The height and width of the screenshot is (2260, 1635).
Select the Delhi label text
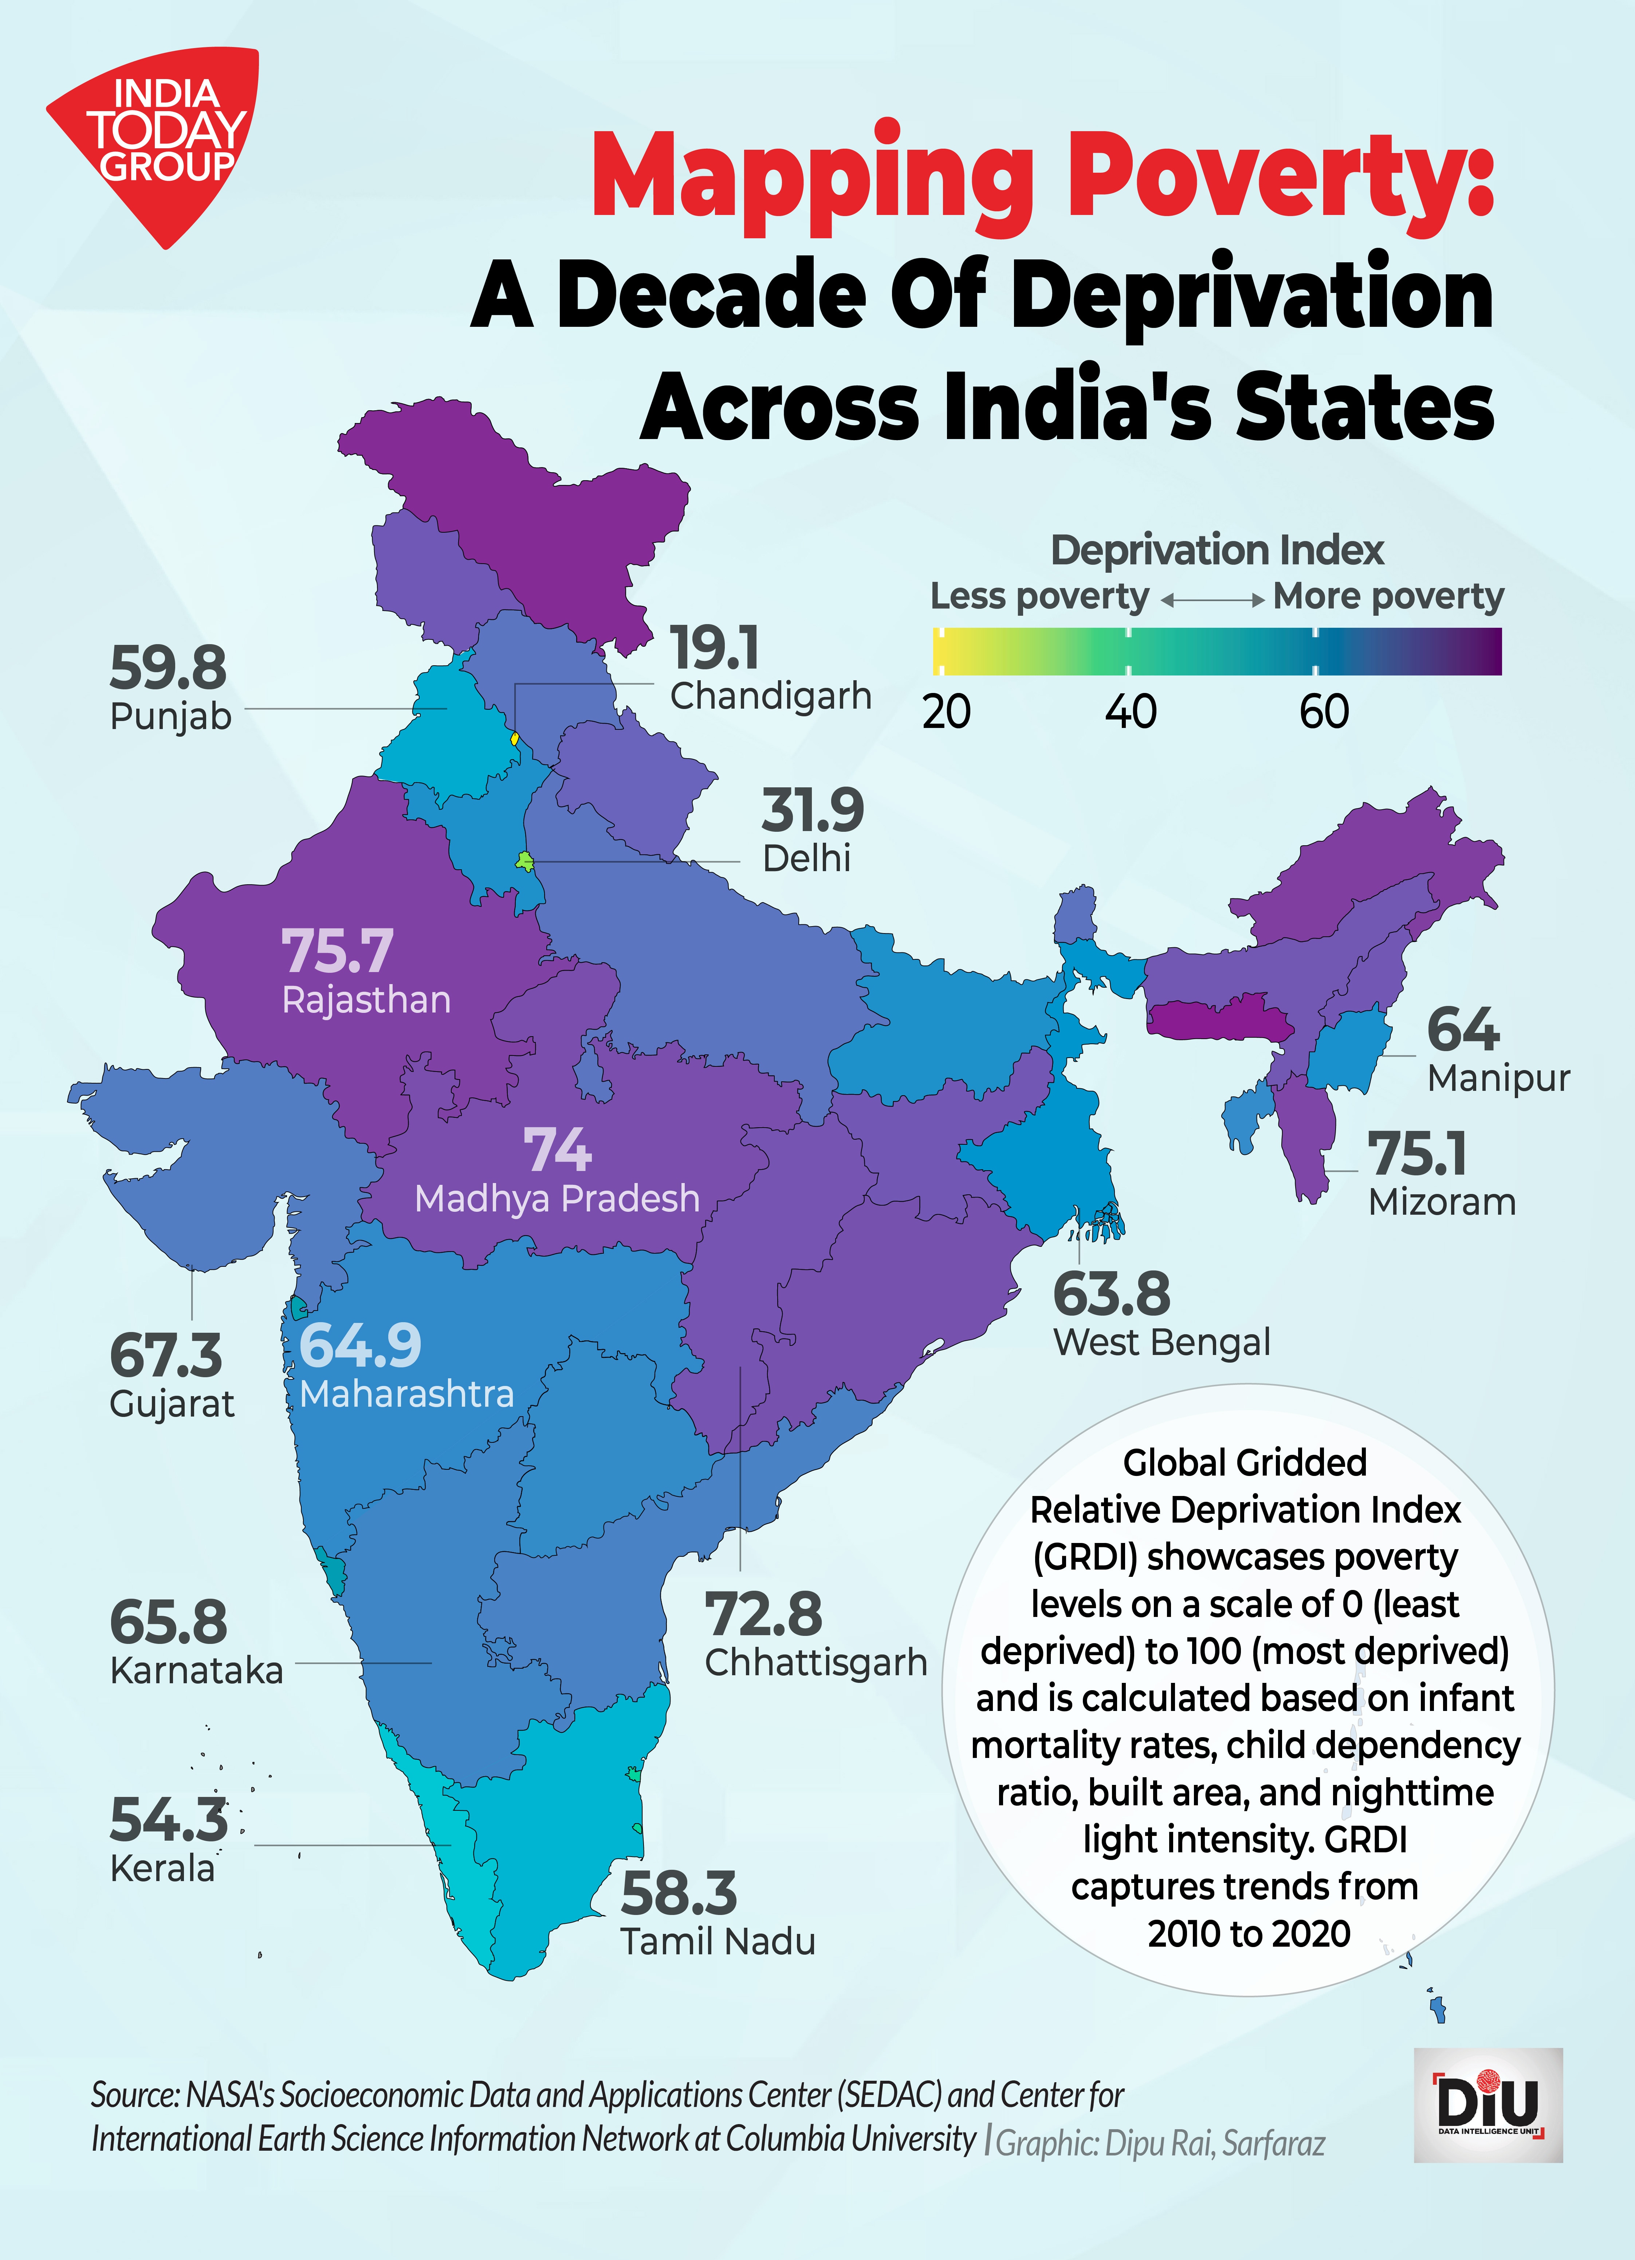[806, 858]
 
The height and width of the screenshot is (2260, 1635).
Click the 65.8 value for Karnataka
[168, 1622]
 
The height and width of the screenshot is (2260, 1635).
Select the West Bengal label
[1162, 1342]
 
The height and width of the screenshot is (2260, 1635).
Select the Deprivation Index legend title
[1217, 550]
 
